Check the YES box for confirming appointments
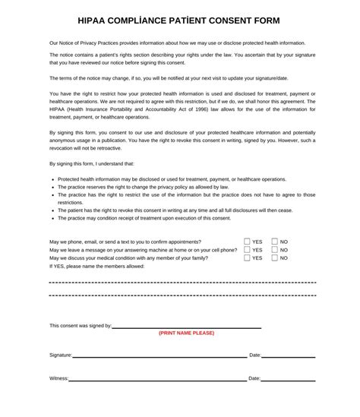(248, 242)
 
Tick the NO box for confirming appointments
(275, 242)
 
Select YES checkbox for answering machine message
(248, 250)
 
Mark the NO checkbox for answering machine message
(275, 250)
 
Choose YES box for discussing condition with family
(248, 258)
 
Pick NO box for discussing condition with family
(275, 258)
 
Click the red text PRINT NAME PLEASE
(187, 333)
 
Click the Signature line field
(159, 356)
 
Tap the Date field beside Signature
(289, 356)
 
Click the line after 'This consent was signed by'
(187, 327)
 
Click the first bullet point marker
(53, 180)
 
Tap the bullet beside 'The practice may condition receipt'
(53, 219)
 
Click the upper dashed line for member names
(182, 283)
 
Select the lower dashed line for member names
(182, 295)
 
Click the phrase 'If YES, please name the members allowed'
(96, 267)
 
